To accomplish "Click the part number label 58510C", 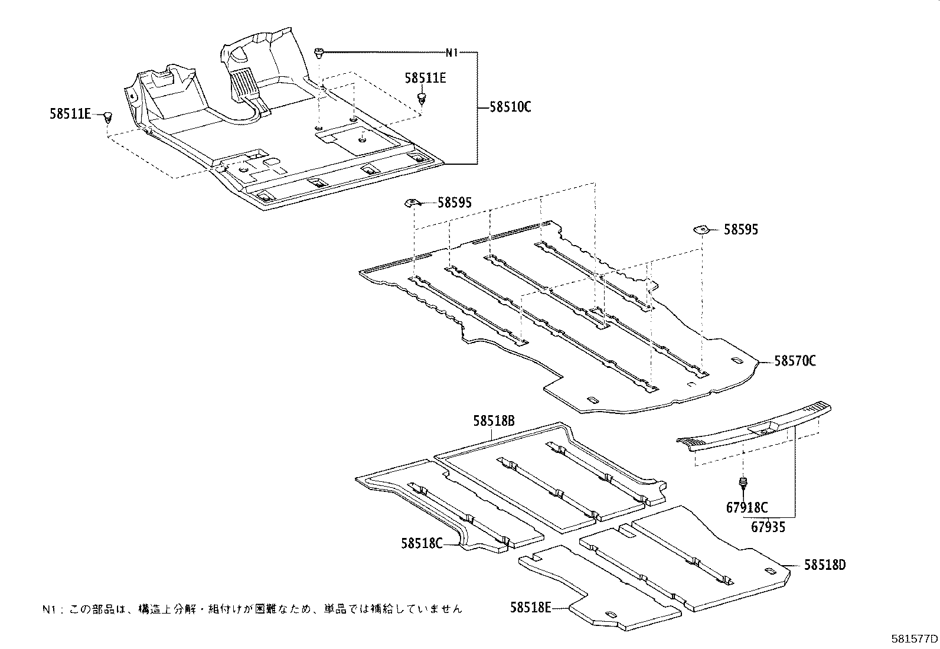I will point(511,107).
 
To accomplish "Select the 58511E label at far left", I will point(70,114).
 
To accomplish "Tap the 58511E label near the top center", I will point(425,77).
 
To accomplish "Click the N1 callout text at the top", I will point(452,53).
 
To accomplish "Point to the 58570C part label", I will point(795,360).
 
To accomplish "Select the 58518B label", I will point(494,420).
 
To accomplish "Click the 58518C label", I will point(422,543).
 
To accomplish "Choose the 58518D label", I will point(824,565).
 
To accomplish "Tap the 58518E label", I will point(531,606).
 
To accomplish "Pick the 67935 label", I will point(768,526).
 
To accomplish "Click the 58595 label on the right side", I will point(741,230).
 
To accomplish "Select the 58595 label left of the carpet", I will point(455,203).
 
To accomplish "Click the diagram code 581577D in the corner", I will point(915,639).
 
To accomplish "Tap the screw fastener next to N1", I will point(319,53).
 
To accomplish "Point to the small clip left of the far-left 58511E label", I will point(107,116).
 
